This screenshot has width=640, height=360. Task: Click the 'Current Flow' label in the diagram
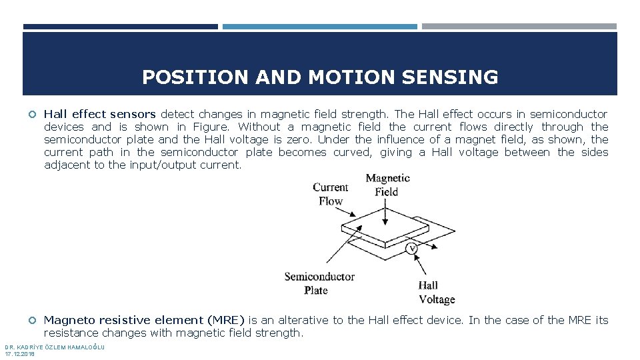331,194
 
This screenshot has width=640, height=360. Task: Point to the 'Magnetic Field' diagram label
387,185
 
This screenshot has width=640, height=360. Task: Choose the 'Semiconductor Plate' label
319,283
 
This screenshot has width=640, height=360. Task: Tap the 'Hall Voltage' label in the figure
437,293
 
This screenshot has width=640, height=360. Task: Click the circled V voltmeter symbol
412,249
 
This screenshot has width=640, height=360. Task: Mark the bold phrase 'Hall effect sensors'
100,114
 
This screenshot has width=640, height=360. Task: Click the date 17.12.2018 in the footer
20,353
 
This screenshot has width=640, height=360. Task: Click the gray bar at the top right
519,27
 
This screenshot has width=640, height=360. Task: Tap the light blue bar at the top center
319,27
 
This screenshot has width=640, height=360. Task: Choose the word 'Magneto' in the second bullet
67,320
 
